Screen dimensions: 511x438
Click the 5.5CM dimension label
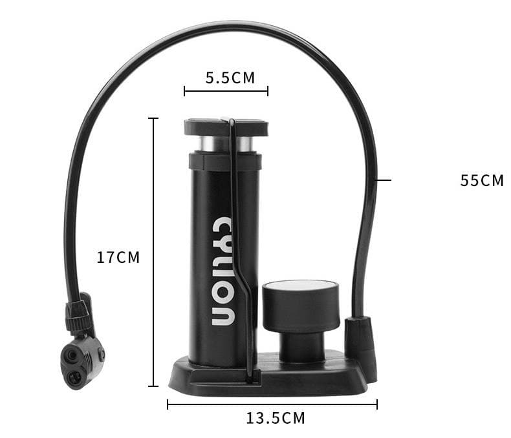click(x=230, y=78)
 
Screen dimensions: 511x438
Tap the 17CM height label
click(x=118, y=257)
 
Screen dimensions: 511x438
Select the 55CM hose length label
click(x=482, y=181)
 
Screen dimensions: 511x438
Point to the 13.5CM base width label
click(x=276, y=418)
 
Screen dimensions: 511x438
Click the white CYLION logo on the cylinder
click(x=223, y=271)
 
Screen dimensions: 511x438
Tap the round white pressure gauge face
click(x=300, y=286)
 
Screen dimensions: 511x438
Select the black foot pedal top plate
click(x=226, y=127)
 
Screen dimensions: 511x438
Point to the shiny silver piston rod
click(x=226, y=144)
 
